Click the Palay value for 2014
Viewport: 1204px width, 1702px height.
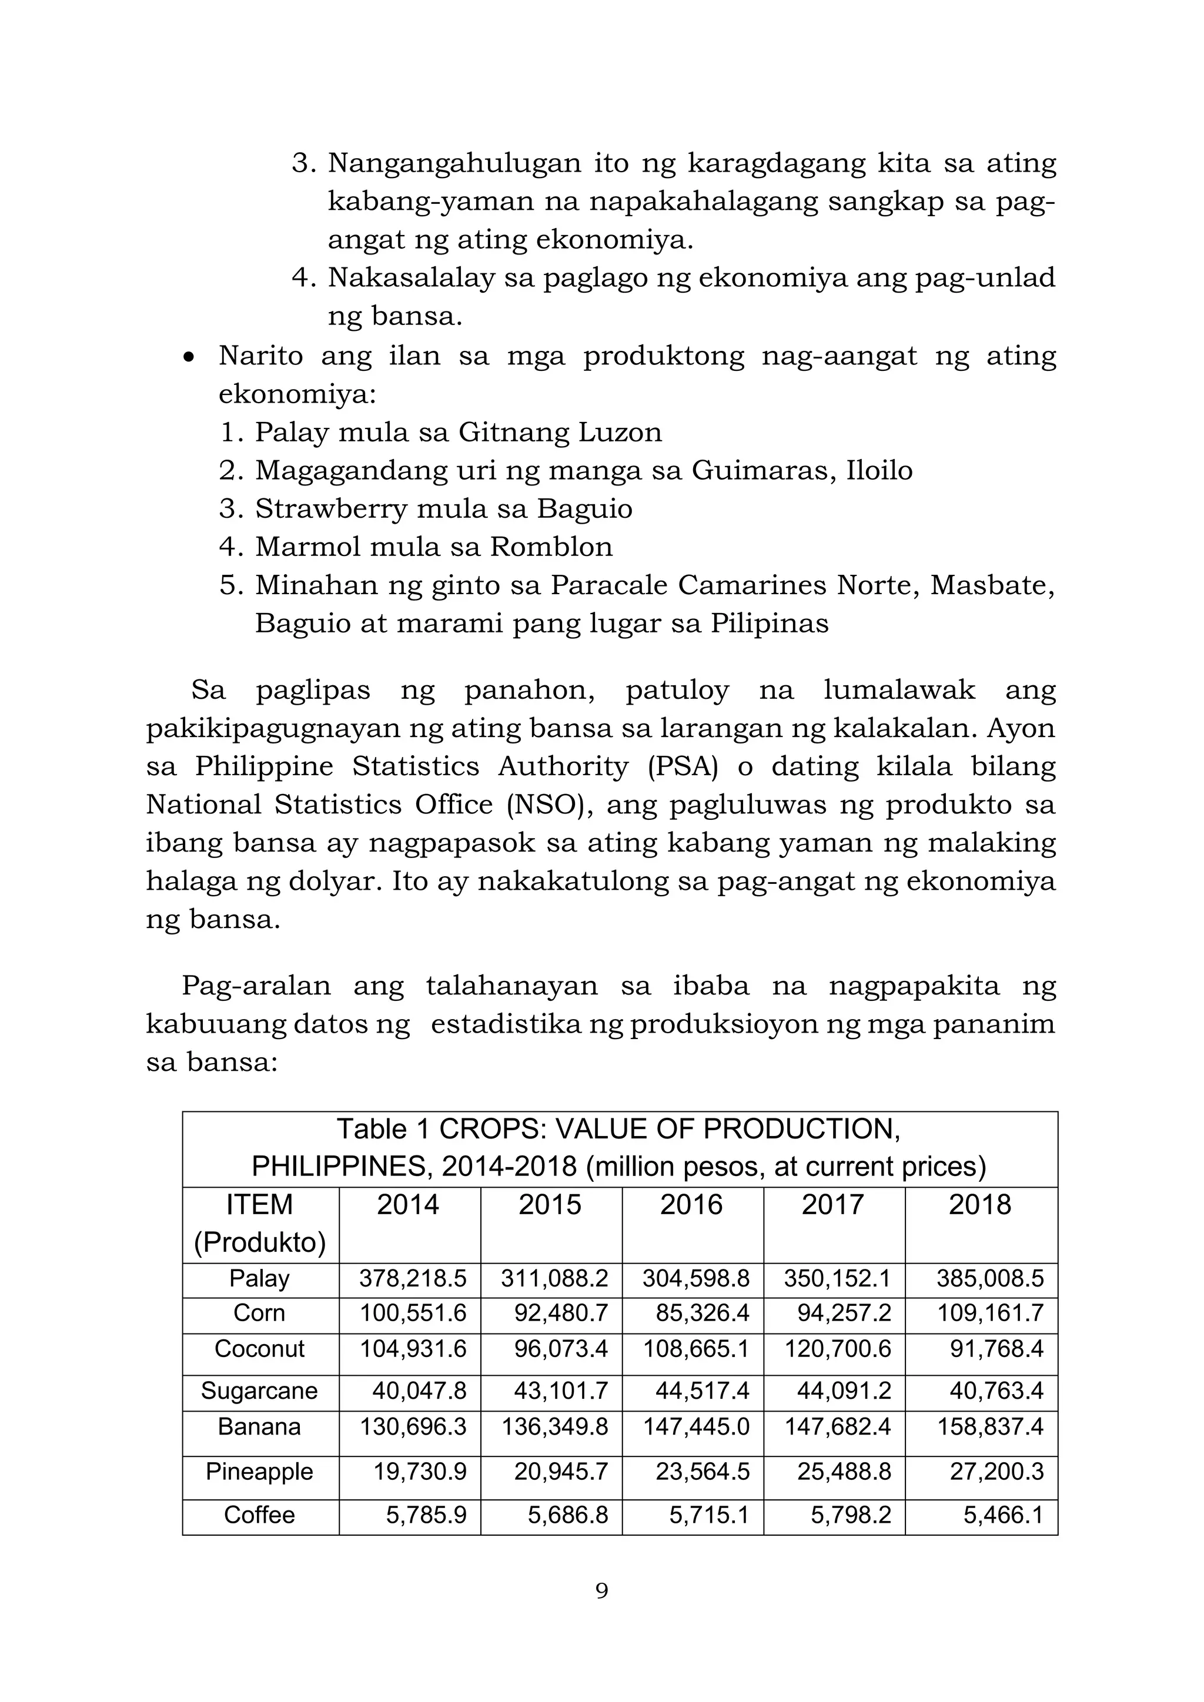413,1278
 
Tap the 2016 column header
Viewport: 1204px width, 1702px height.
691,1205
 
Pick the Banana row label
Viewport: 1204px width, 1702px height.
259,1427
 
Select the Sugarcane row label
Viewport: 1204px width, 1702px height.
259,1391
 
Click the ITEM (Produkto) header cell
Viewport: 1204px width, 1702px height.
259,1223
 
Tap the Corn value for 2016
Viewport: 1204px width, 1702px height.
702,1313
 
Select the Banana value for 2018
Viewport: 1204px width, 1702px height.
990,1427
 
